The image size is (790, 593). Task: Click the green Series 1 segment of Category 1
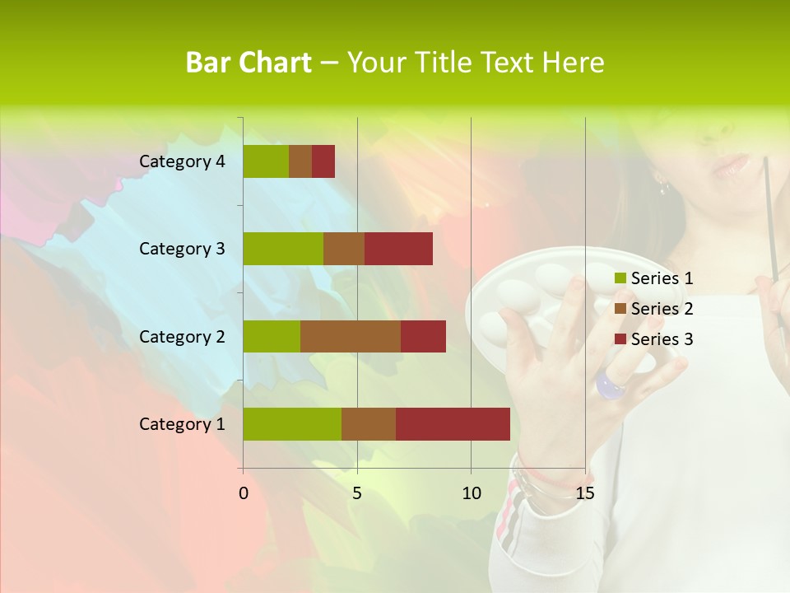point(292,423)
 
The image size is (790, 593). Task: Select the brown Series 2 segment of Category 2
point(351,336)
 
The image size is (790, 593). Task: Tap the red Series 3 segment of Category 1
point(453,423)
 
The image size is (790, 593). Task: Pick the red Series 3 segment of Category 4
point(323,161)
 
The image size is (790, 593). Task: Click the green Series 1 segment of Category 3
point(283,249)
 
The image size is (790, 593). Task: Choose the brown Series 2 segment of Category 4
point(300,161)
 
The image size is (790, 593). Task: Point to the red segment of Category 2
point(423,336)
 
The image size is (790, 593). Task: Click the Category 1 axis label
point(182,424)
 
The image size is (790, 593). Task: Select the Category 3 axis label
point(182,249)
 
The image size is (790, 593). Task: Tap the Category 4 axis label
point(182,161)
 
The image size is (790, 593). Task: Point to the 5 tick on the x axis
point(357,493)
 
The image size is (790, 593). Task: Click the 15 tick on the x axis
point(585,493)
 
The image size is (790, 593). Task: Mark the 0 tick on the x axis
point(244,493)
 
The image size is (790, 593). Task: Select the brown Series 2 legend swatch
point(620,309)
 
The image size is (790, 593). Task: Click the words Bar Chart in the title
point(249,63)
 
